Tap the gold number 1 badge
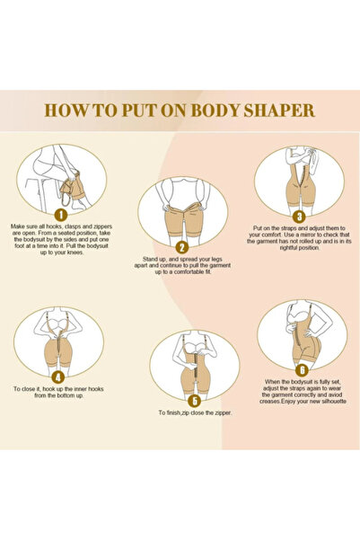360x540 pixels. (x=61, y=214)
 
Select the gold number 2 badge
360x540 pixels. (x=181, y=246)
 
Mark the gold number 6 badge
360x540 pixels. (x=302, y=368)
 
